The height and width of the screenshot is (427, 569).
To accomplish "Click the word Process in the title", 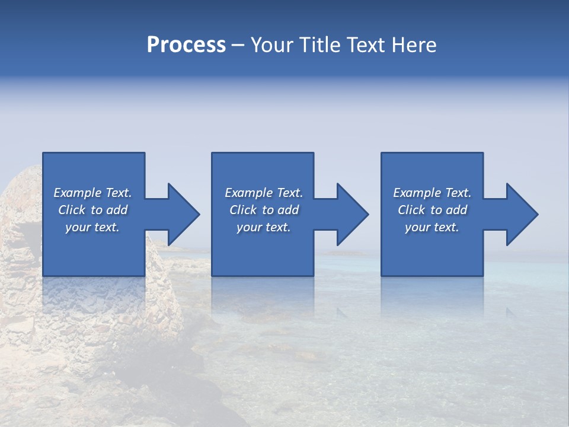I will [x=186, y=45].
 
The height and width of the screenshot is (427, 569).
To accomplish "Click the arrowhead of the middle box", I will [x=351, y=214].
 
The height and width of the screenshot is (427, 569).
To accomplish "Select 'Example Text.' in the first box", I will [x=92, y=193].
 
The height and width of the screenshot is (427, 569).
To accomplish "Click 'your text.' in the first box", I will [x=92, y=227].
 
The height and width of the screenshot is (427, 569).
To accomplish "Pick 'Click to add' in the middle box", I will [x=264, y=210].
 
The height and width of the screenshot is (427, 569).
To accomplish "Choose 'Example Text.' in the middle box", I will [x=264, y=193].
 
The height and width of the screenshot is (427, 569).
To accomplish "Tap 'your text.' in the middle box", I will [x=264, y=227].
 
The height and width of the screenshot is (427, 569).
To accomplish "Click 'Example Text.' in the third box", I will [x=432, y=193].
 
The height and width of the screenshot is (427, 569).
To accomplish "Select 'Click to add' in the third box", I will [x=432, y=210].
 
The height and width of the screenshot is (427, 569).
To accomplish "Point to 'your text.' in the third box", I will [x=432, y=227].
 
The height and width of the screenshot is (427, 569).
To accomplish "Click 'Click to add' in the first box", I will [x=92, y=210].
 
